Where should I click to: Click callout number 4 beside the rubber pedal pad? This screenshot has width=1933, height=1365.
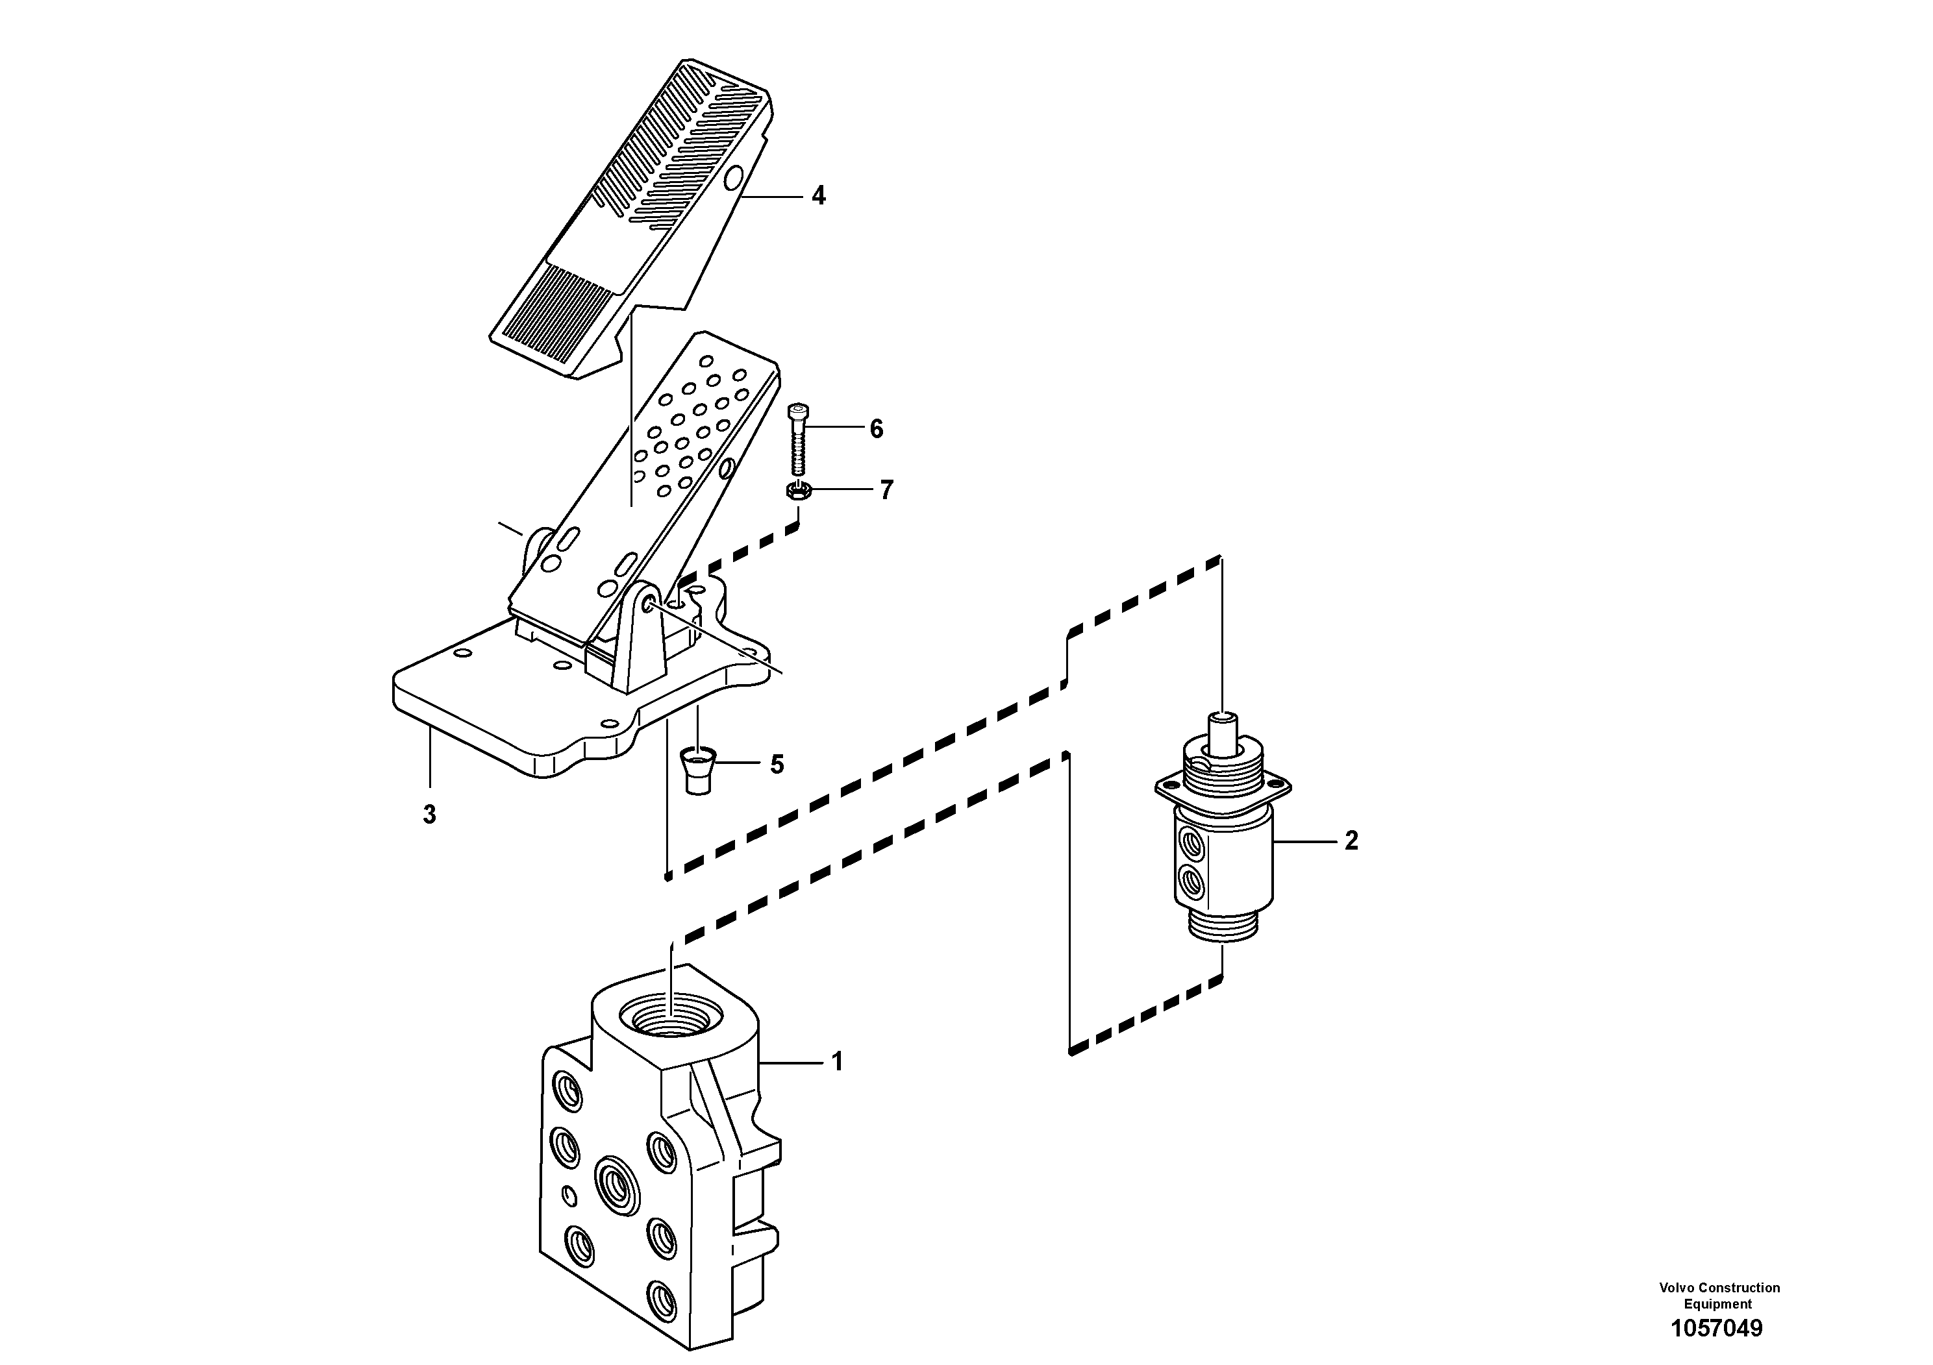pos(817,196)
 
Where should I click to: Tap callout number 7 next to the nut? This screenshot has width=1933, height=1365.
pos(886,490)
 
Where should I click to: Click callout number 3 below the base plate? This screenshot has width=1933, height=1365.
pos(429,815)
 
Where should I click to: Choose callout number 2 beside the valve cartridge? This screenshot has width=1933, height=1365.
pos(1351,841)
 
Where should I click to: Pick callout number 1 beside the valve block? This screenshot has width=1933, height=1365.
pos(837,1063)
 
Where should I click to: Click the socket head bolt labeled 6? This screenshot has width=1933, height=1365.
pos(797,442)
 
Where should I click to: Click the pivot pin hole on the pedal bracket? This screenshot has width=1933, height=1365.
pos(649,605)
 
